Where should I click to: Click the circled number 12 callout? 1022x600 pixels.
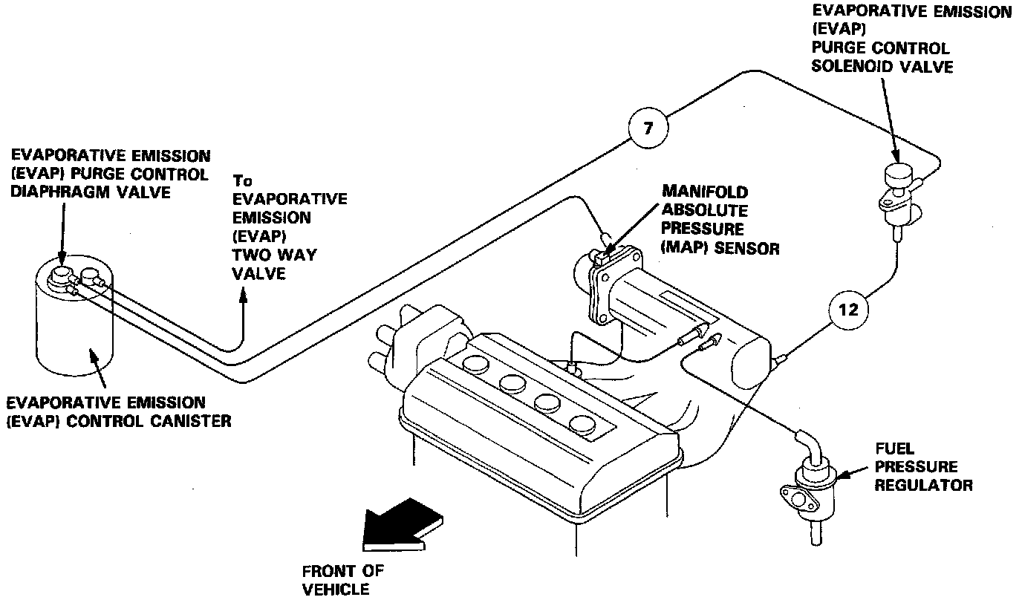tap(848, 310)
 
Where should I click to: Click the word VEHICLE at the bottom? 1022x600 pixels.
tap(336, 590)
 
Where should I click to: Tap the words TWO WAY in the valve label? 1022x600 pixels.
tap(275, 255)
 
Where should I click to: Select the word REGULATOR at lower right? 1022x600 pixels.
tap(923, 486)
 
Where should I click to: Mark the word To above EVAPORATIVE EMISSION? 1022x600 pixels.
tap(243, 180)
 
